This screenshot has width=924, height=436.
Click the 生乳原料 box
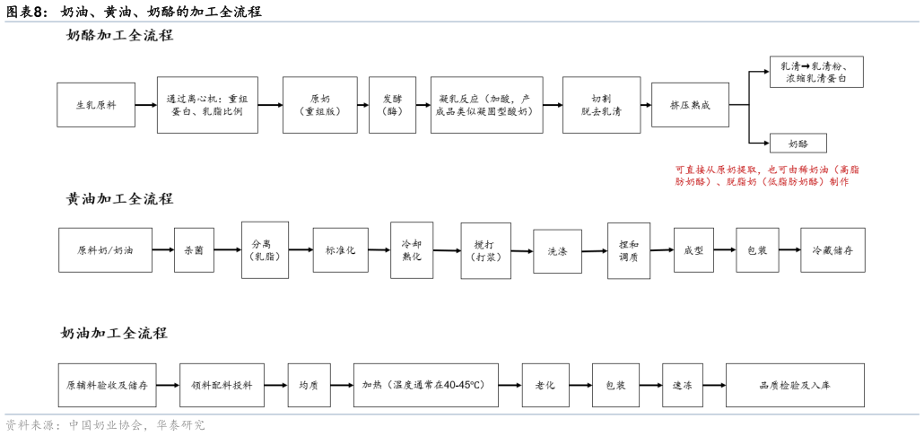click(x=95, y=105)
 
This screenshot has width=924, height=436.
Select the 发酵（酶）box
click(x=392, y=105)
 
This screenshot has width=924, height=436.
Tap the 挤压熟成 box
click(x=690, y=105)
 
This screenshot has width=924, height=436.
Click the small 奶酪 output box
click(x=798, y=143)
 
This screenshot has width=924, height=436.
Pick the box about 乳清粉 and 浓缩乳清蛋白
click(x=816, y=73)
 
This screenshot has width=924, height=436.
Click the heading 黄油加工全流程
click(x=119, y=199)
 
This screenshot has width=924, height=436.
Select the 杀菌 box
click(x=194, y=250)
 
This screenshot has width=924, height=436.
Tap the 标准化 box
click(x=340, y=250)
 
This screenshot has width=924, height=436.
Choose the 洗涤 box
click(x=557, y=251)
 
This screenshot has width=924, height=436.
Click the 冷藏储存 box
click(x=832, y=250)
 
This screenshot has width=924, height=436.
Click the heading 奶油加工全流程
click(x=114, y=333)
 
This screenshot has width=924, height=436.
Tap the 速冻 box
click(x=682, y=385)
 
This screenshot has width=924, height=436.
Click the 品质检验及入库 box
click(x=795, y=385)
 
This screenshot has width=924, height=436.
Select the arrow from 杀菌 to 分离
click(x=228, y=250)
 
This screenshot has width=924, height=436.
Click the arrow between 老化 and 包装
click(x=580, y=385)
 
